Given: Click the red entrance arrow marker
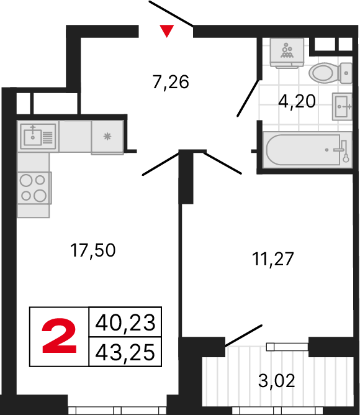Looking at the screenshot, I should (166, 30).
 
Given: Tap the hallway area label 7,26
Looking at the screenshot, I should (170, 81).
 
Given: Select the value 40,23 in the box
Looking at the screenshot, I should (125, 323).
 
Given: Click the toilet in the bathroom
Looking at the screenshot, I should (328, 73).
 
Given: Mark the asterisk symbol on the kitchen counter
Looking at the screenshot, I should (107, 135).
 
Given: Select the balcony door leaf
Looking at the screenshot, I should (244, 335).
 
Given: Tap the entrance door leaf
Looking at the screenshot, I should (172, 14).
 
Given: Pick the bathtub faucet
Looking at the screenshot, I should (338, 149).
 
